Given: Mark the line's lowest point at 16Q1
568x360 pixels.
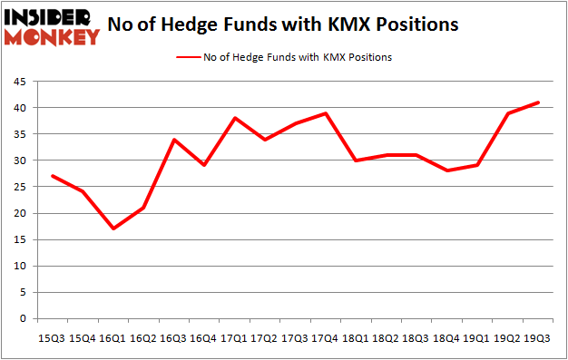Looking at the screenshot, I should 113,229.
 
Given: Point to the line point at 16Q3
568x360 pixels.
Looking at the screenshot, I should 173,140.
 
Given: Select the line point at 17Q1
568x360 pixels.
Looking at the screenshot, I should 234,118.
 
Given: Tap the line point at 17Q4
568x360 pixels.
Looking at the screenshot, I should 326,113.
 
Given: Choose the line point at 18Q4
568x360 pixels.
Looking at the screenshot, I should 447,170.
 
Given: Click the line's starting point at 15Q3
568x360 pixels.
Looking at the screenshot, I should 52,176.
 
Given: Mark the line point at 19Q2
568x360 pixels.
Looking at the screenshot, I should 508,113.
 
